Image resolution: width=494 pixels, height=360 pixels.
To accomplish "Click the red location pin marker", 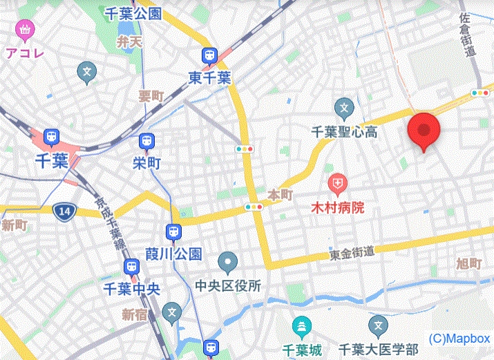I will (424, 130).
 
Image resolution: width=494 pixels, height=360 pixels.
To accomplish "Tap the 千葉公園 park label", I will (134, 13).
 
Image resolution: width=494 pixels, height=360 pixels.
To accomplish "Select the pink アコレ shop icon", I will (26, 30).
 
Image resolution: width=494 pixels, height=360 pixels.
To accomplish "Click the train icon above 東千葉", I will (209, 56).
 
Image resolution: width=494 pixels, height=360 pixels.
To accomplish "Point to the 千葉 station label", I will (50, 161).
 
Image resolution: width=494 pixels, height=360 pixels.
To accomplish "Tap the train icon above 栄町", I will (146, 142).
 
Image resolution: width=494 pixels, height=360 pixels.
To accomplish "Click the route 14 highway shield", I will (64, 212).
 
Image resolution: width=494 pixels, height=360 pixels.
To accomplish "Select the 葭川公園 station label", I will (173, 254).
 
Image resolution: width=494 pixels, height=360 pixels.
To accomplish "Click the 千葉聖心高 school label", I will (343, 131).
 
